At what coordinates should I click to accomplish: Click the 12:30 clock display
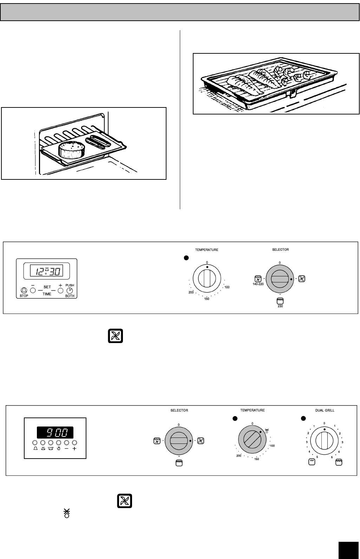[x=46, y=271]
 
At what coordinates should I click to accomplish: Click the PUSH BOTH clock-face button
[x=70, y=291]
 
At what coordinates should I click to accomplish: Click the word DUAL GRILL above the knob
[x=324, y=410]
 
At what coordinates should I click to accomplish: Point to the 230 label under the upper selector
[x=280, y=306]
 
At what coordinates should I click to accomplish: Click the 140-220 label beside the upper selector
[x=258, y=284]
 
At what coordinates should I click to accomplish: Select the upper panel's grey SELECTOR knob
[x=280, y=279]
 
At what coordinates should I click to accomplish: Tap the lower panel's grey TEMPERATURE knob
[x=253, y=440]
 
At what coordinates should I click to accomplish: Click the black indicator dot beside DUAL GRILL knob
[x=304, y=418]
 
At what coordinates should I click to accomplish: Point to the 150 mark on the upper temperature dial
[x=207, y=299]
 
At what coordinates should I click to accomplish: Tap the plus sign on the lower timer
[x=74, y=449]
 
